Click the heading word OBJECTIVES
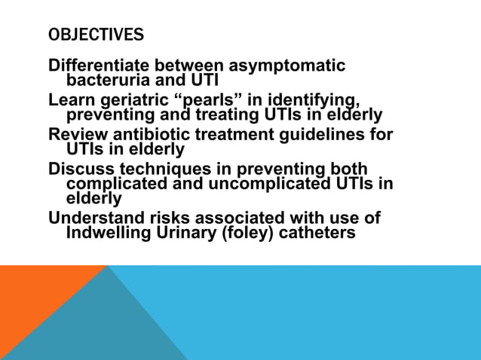click(96, 35)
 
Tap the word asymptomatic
click(292, 66)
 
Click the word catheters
click(317, 233)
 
